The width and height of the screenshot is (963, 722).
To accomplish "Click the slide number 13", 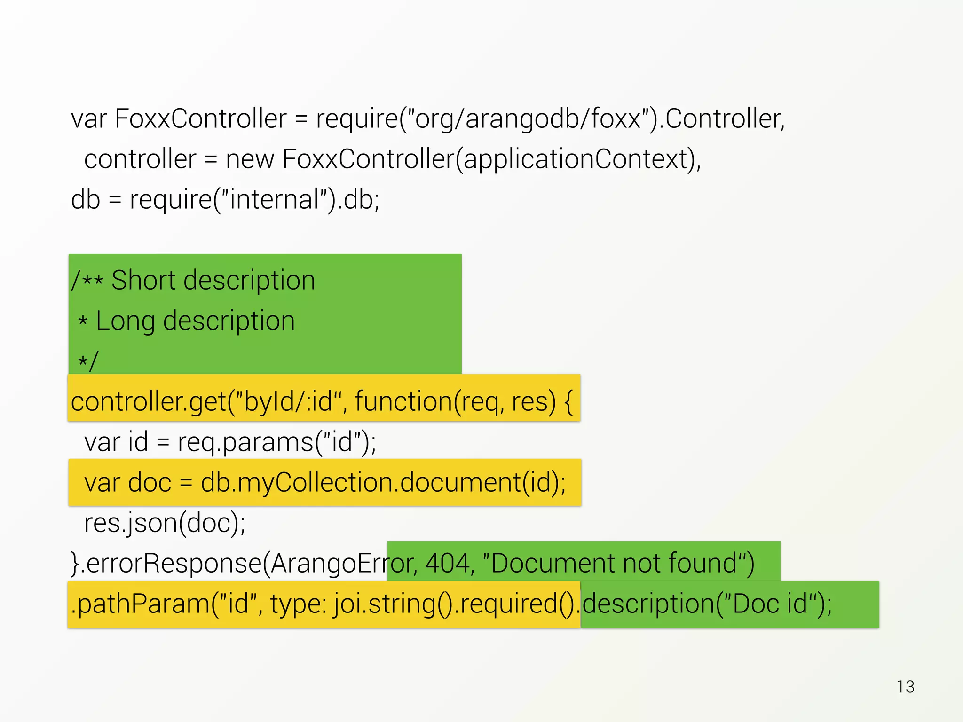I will coord(905,687).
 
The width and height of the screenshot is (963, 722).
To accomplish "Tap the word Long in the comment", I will coord(125,321).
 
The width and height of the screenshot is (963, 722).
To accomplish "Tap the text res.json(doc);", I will coord(165,523).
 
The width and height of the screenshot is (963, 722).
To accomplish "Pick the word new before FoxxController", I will coord(250,159).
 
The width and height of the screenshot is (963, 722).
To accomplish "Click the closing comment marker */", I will coord(88,361).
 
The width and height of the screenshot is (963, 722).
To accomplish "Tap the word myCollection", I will coord(314,483).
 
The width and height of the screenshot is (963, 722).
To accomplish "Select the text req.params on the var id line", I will coord(245,442).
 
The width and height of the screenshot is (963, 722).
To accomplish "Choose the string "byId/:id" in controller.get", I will coord(287,402).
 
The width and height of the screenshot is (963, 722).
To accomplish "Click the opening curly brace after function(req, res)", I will coord(568,402).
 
